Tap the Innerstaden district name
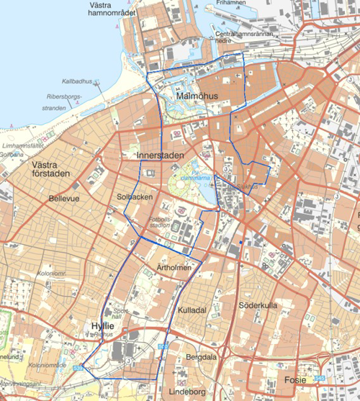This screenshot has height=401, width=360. tap(161, 156)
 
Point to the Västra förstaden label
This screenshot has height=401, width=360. tap(53, 170)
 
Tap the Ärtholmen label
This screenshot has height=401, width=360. tap(174, 268)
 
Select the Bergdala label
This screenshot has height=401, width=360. tap(201, 357)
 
